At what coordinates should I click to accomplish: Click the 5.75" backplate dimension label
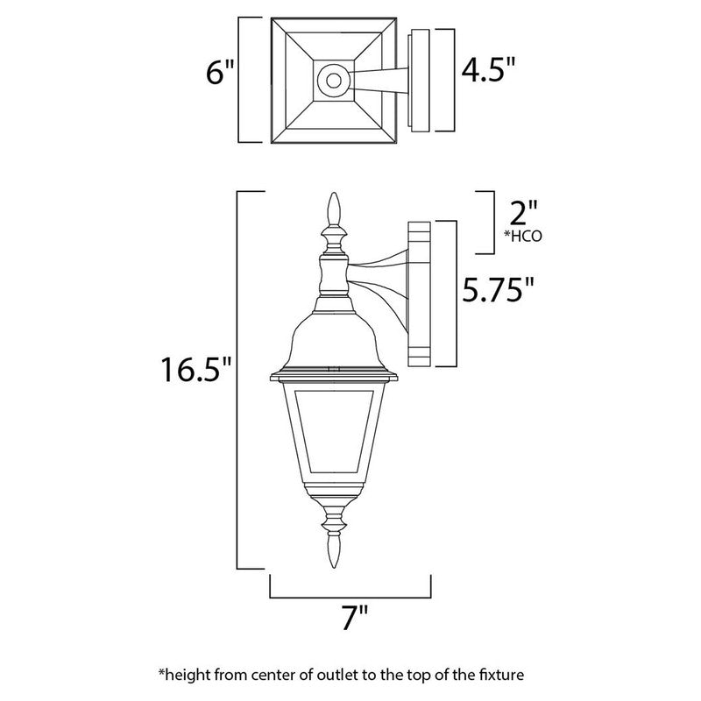499,288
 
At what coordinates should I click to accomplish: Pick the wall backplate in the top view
421,81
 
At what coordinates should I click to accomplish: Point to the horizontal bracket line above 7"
350,597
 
